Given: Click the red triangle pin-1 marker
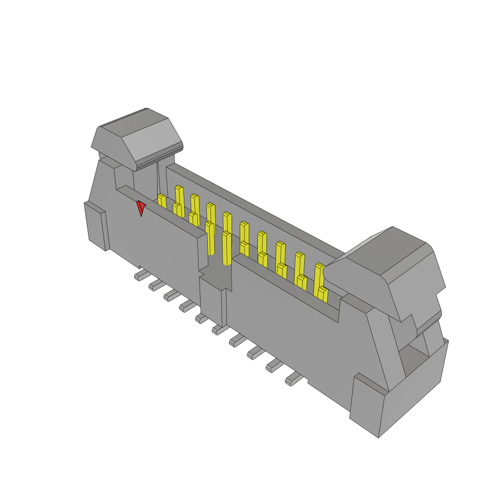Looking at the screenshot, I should tap(140, 207).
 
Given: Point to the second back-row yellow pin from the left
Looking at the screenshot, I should tap(195, 202).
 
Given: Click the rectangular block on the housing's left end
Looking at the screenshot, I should tap(96, 225).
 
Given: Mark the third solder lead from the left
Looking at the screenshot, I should tap(171, 296).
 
